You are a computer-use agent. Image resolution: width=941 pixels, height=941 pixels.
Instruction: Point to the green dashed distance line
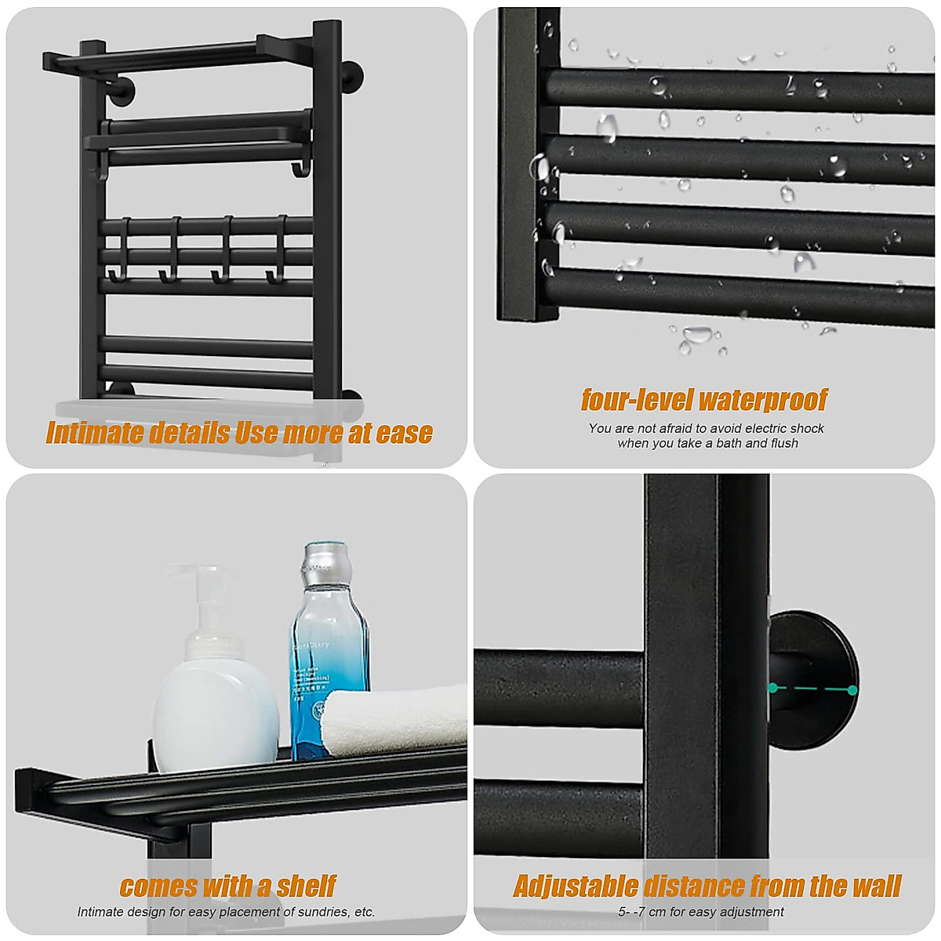(x=812, y=689)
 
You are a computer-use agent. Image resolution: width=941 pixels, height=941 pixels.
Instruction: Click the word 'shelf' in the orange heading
(x=306, y=886)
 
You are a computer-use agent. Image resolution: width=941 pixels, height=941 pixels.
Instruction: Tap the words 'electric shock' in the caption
(x=784, y=428)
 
